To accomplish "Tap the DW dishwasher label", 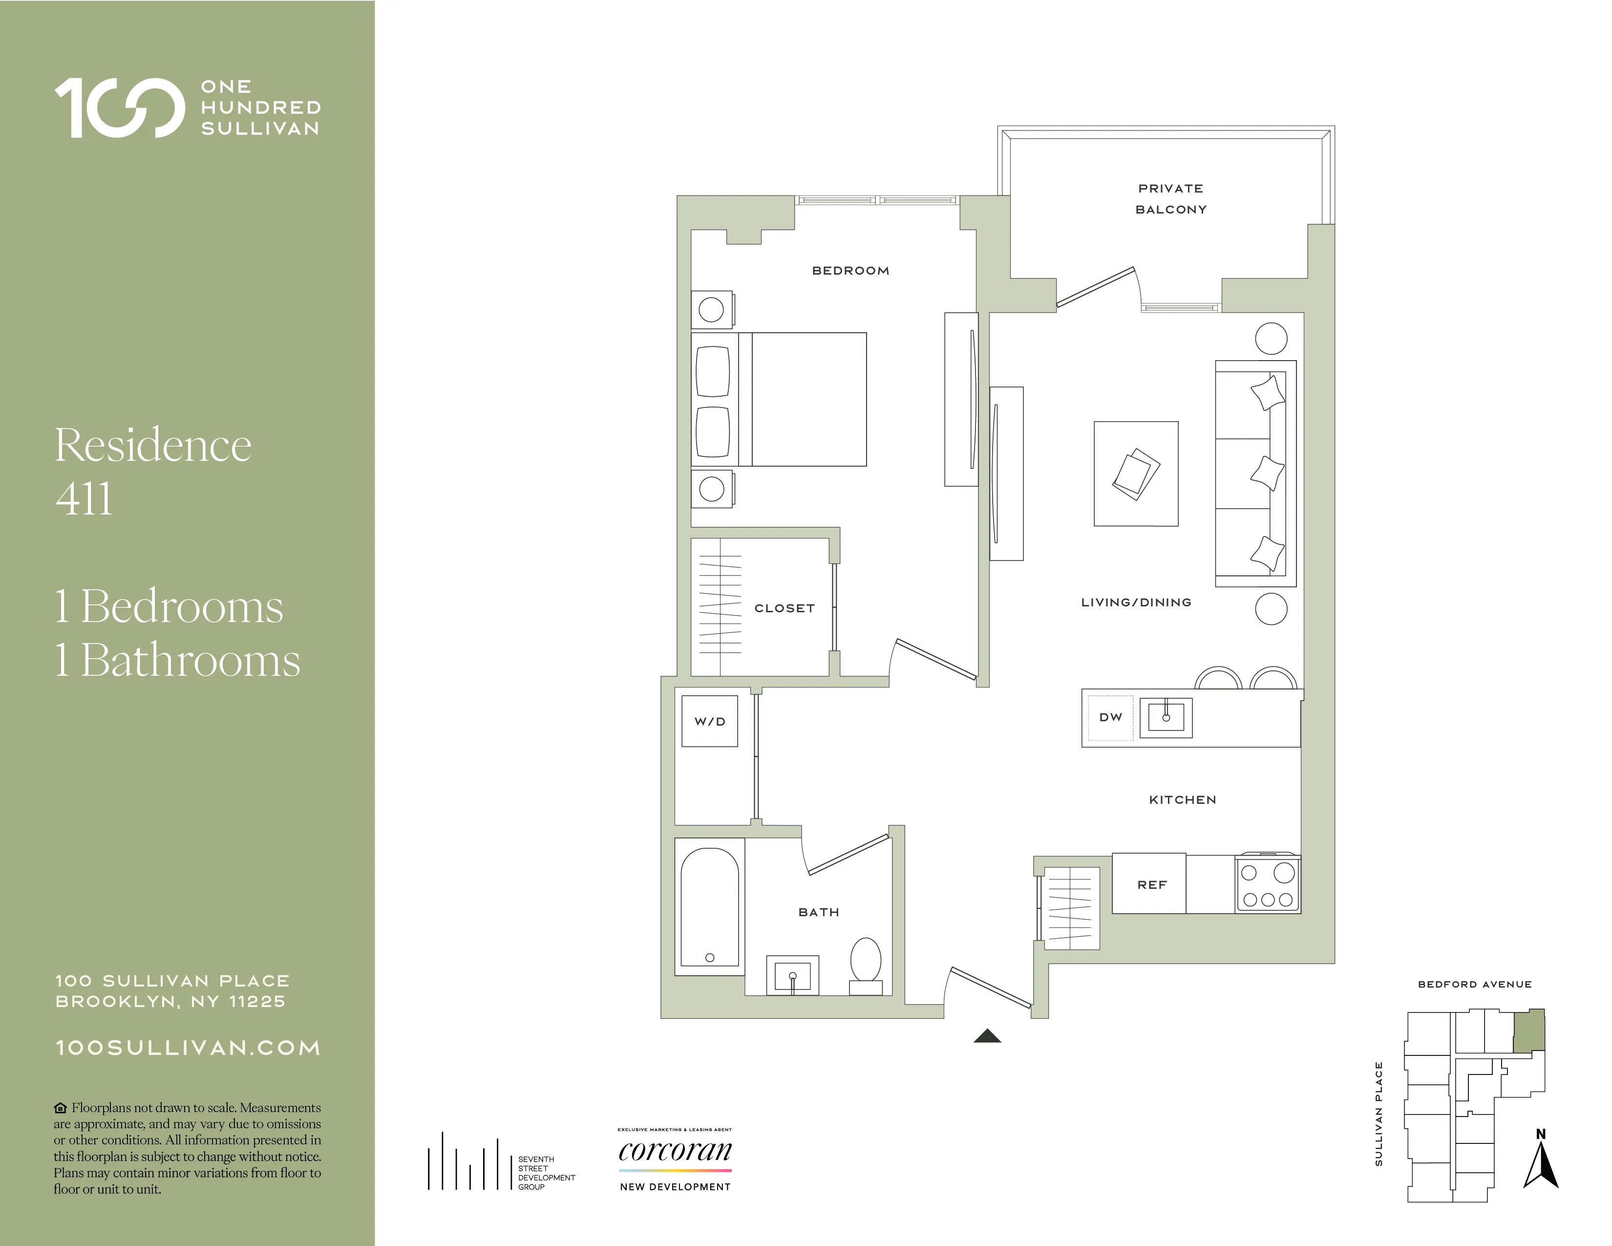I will (x=1110, y=717).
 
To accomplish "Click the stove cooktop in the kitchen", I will (x=1267, y=885).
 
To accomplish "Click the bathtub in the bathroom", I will (x=709, y=907).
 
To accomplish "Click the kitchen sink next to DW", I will (x=1166, y=717).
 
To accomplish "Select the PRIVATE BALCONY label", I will (x=1170, y=198).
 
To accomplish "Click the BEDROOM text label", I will (x=850, y=271).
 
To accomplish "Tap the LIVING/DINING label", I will (x=1136, y=602).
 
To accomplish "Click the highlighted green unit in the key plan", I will (x=1528, y=1031).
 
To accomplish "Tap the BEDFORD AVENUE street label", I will (x=1475, y=984).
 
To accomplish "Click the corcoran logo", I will (x=675, y=1151).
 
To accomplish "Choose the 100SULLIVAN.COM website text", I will (x=188, y=1048).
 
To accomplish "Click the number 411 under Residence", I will (x=84, y=498).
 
